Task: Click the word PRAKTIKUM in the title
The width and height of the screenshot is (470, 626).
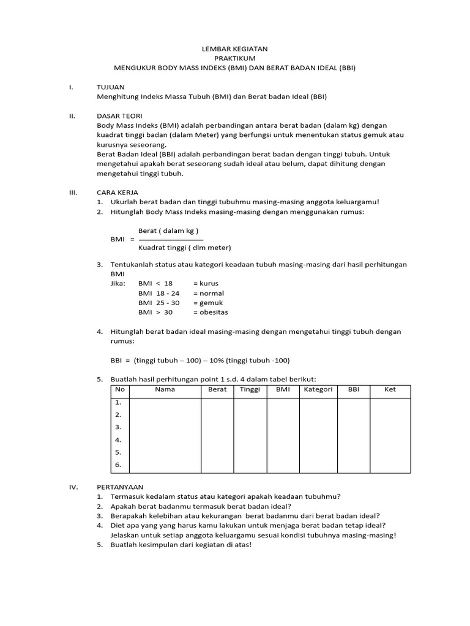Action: click(x=235, y=58)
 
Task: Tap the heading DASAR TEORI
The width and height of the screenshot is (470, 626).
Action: click(x=120, y=115)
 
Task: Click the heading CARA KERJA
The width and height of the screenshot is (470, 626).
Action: click(x=118, y=192)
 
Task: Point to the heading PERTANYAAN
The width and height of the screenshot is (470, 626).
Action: click(x=120, y=487)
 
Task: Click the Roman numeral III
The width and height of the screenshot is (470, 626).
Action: click(x=72, y=192)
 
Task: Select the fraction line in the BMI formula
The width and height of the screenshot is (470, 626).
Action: click(x=167, y=240)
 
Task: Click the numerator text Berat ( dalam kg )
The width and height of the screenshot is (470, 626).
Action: click(x=168, y=230)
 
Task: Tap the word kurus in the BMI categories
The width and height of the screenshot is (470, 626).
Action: click(x=209, y=284)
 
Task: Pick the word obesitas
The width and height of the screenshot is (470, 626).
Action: click(x=213, y=312)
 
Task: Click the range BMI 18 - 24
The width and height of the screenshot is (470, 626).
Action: click(x=159, y=293)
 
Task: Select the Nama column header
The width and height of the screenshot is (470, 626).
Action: click(x=165, y=389)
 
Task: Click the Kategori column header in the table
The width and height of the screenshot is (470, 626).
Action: click(x=317, y=389)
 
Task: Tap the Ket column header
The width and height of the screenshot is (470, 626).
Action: click(x=390, y=389)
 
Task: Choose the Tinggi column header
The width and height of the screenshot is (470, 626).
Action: click(x=250, y=389)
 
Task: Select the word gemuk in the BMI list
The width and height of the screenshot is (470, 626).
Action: click(x=211, y=303)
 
